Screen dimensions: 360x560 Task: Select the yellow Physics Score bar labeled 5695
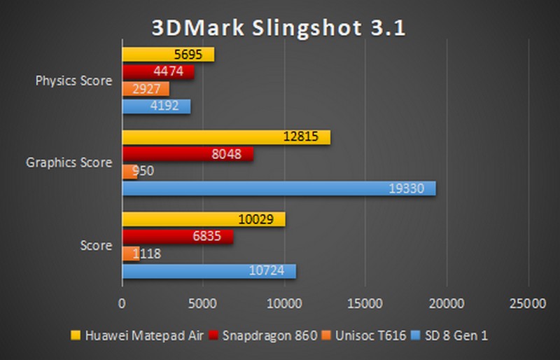point(168,55)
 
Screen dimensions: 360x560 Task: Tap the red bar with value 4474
point(158,72)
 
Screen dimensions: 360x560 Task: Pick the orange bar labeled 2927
point(146,89)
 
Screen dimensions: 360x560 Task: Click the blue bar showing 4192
point(156,106)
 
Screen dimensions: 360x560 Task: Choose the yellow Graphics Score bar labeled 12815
point(226,137)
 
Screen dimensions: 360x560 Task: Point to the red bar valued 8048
point(188,154)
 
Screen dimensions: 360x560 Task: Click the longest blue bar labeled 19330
point(279,188)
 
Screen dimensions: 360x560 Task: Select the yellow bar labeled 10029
point(204,219)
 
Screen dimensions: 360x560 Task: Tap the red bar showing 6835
point(178,237)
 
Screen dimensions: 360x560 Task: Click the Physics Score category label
point(73,81)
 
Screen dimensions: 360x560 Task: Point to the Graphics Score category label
point(69,163)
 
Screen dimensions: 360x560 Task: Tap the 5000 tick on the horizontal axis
point(204,303)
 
